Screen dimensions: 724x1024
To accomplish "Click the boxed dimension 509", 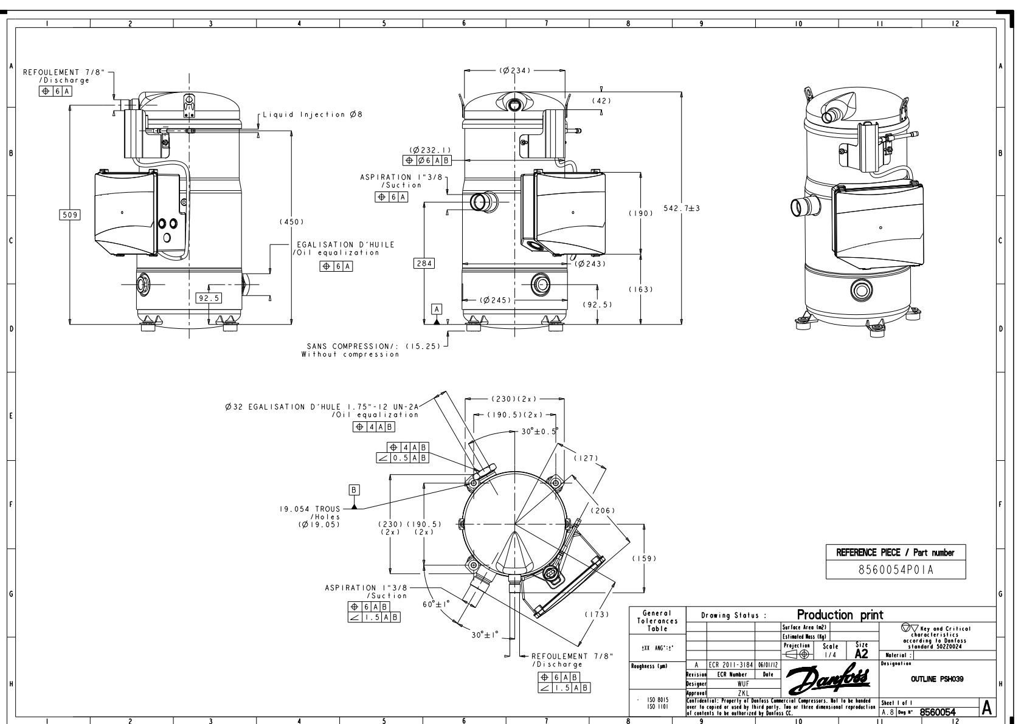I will click(x=70, y=215).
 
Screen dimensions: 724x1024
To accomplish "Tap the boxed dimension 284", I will click(x=423, y=263).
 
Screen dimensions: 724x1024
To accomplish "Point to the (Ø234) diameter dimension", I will click(x=514, y=71).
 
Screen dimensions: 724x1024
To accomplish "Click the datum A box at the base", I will click(x=437, y=309).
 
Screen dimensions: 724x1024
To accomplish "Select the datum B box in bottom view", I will click(x=355, y=489).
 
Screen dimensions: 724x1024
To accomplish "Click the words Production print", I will click(x=840, y=615).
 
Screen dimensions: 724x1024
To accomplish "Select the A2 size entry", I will click(x=861, y=654).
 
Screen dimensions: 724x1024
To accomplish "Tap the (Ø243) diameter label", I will click(x=590, y=264).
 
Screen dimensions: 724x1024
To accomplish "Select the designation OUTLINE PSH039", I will click(x=936, y=679).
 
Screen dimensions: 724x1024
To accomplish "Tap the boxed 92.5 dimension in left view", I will click(x=209, y=298).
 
